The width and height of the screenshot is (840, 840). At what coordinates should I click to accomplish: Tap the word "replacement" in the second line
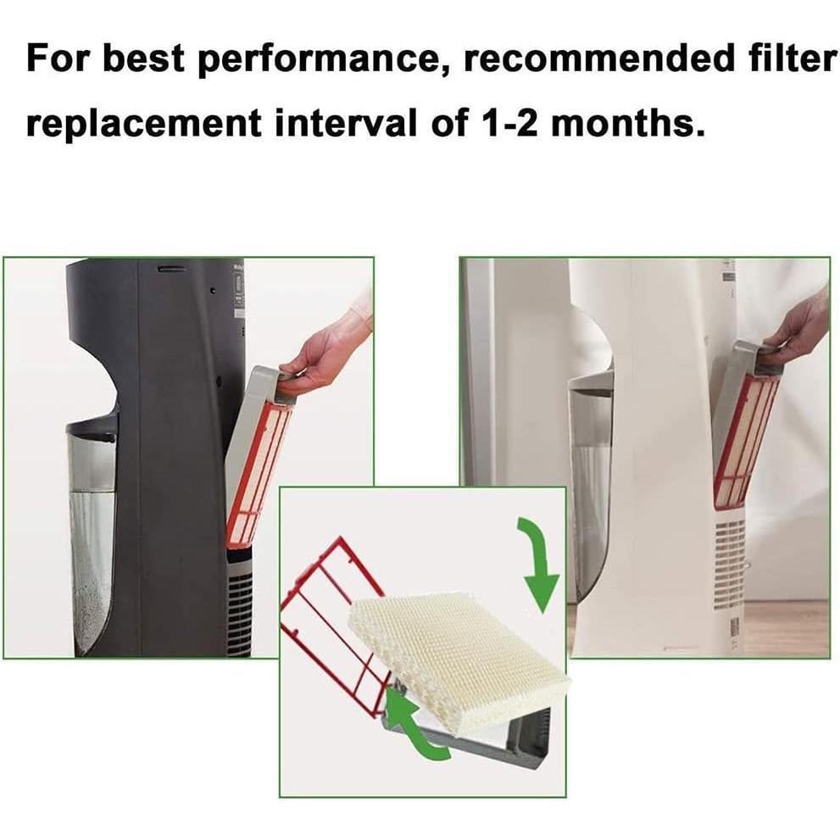(143, 125)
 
